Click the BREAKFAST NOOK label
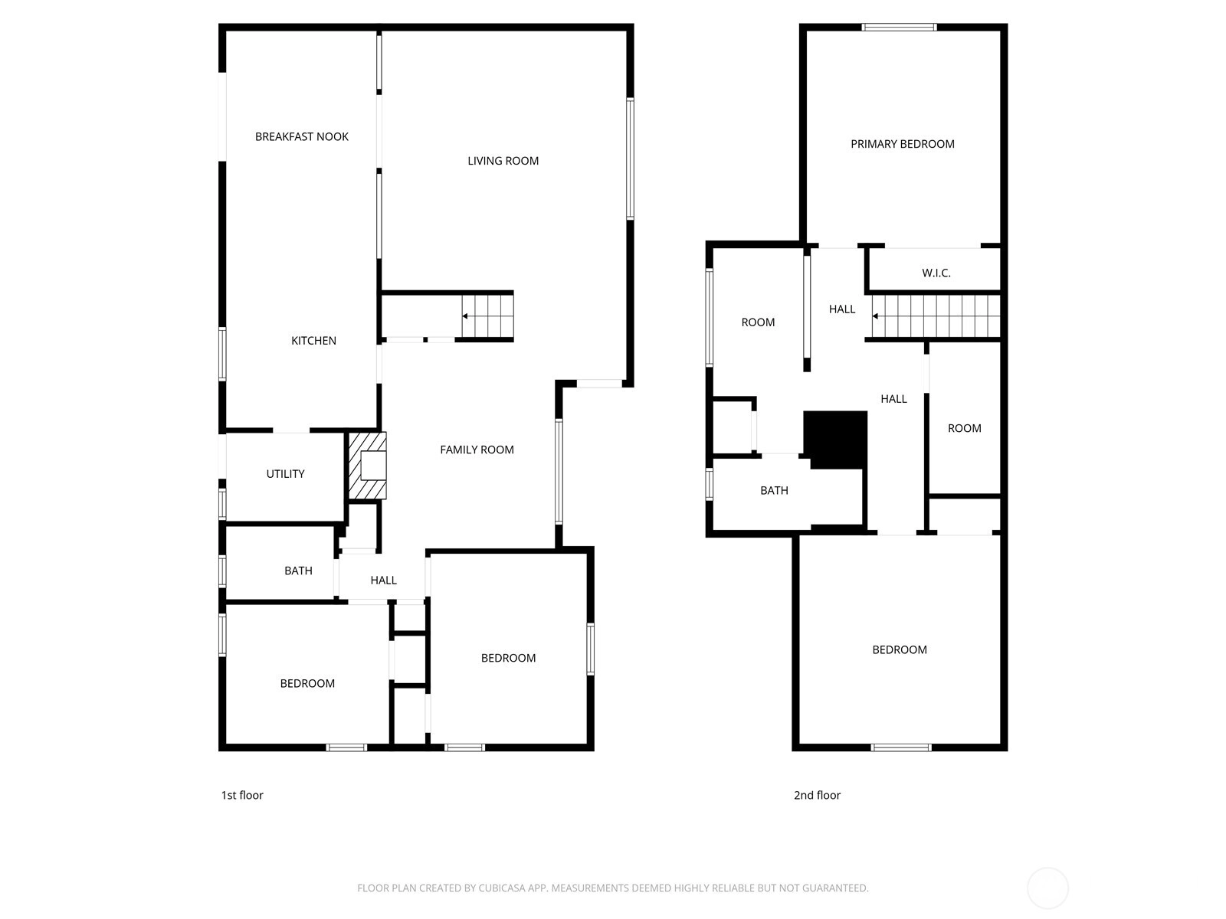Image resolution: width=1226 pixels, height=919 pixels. point(302,137)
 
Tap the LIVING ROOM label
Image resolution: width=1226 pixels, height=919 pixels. point(503,161)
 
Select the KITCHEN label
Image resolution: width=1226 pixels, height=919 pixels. point(313,340)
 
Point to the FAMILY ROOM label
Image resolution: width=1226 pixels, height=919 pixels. point(477,450)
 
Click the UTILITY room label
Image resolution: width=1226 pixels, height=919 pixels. point(285,474)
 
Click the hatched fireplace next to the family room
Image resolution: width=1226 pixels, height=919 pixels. point(368,466)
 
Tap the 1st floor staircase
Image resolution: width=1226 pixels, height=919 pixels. point(487,316)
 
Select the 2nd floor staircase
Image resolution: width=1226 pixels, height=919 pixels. point(936,316)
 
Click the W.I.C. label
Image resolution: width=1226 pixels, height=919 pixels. point(936,273)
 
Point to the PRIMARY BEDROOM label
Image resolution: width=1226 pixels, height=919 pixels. point(903,144)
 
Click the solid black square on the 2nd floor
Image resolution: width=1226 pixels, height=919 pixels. point(835,440)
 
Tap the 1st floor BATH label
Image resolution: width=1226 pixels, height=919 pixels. point(298,571)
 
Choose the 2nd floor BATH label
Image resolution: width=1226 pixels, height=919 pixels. point(774,490)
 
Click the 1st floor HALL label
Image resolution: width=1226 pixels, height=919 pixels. point(384,581)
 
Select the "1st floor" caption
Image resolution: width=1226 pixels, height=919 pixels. point(242,795)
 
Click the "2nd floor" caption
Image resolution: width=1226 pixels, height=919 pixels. point(817,795)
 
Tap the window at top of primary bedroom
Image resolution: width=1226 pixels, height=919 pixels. point(900,27)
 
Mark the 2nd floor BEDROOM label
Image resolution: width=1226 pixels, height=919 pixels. point(900,649)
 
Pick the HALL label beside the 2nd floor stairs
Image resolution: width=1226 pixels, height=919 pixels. point(841,309)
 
